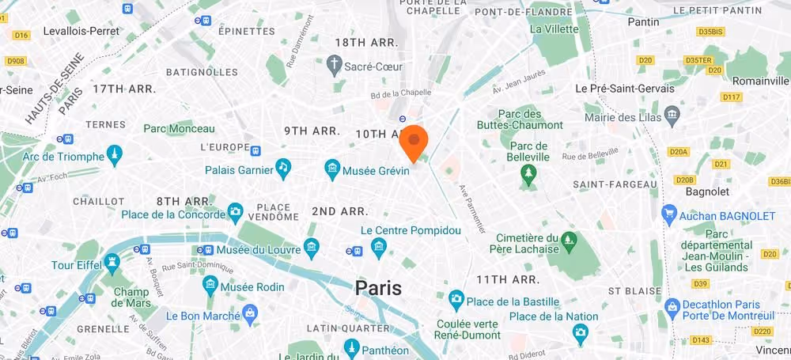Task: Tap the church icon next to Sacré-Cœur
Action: [335, 63]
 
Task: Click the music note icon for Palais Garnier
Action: [282, 167]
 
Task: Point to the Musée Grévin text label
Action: [377, 169]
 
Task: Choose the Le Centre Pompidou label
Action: [410, 231]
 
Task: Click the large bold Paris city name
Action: [378, 288]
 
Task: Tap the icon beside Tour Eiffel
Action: [112, 260]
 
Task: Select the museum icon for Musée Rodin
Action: [210, 283]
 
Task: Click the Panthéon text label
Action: [388, 350]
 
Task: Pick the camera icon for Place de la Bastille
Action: [456, 298]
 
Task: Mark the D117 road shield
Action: [732, 97]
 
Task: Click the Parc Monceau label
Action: [179, 129]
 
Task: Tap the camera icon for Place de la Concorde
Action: [235, 211]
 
